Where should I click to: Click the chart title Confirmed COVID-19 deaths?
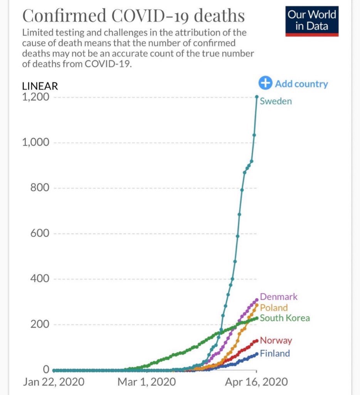[133, 16]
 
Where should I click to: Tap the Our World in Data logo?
[312, 21]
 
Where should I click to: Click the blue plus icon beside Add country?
[265, 83]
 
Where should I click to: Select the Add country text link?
[301, 84]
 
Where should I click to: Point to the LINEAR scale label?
[40, 86]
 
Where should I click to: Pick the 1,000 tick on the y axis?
[35, 142]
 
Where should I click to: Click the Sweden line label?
[276, 101]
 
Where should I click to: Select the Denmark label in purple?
[279, 297]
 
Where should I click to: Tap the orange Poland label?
[274, 307]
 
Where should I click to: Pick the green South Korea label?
[284, 318]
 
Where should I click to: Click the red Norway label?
[276, 341]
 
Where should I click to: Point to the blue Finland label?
[275, 353]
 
